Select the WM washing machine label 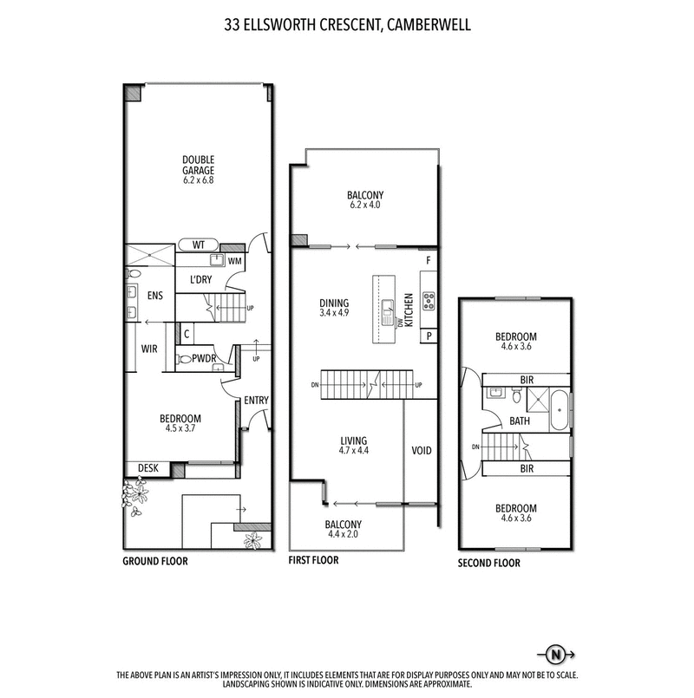234,260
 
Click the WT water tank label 199,245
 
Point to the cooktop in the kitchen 428,301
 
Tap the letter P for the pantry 429,336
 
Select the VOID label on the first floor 422,451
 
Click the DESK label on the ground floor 147,468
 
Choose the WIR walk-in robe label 148,350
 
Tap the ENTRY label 257,400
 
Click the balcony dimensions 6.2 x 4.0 364,205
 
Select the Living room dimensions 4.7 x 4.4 354,451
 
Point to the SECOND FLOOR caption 489,563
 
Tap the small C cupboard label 187,332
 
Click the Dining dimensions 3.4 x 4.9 334,314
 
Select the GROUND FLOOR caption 154,561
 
